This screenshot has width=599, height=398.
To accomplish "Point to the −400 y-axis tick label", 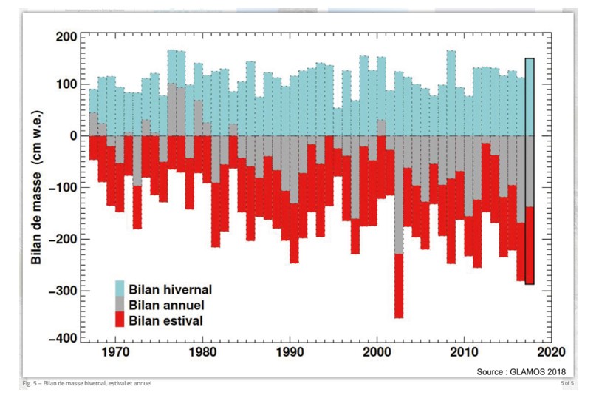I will pos(57,338).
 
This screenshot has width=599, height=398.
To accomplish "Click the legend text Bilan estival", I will pos(165,320).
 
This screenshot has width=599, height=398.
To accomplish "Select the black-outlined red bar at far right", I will pos(529,244).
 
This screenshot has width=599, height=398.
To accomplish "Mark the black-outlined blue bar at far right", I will pos(529,96).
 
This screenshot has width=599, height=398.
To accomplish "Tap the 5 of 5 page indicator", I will pos(566,382).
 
